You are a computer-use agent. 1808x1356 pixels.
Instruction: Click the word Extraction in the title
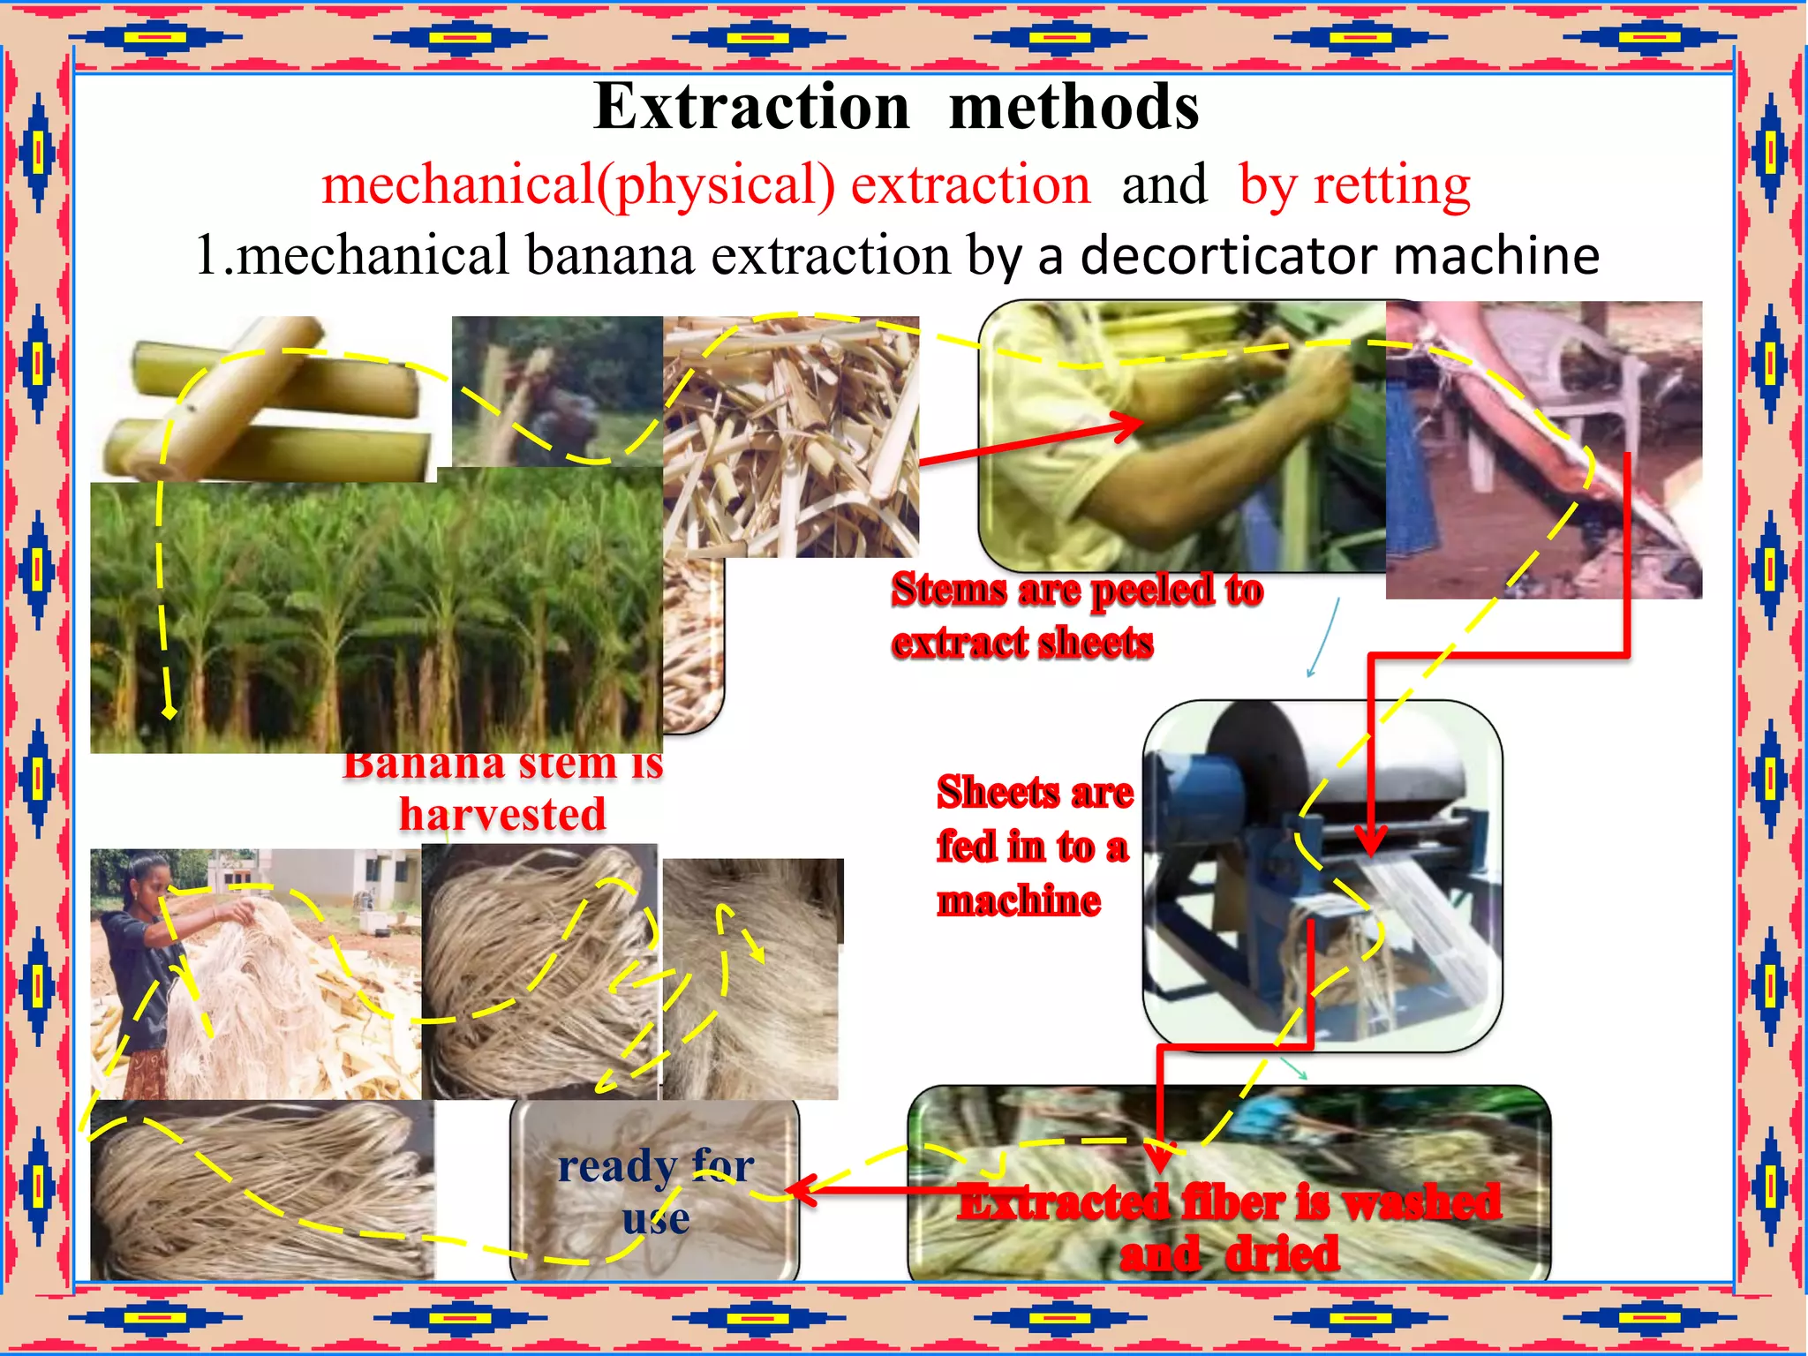(751, 107)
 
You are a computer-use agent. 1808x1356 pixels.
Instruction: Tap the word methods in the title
(1073, 107)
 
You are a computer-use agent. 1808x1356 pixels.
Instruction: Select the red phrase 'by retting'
(1354, 185)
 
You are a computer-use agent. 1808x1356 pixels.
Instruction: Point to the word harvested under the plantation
(502, 814)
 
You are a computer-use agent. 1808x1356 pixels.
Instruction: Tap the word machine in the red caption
(1019, 901)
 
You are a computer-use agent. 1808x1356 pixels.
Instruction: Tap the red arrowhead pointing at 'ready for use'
(800, 1189)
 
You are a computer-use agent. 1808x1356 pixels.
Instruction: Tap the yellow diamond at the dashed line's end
(169, 712)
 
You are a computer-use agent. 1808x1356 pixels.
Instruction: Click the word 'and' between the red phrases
(1164, 185)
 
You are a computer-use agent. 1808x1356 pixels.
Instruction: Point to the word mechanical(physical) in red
(577, 185)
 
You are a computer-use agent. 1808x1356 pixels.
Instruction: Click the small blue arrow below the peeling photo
(1324, 640)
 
